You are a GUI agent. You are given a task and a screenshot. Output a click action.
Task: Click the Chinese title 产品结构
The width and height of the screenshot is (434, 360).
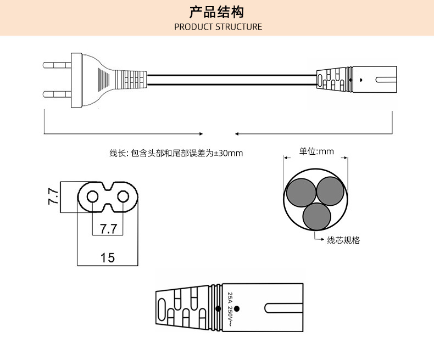tap(216, 12)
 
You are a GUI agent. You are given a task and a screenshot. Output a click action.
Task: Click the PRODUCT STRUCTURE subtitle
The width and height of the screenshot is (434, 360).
tap(218, 26)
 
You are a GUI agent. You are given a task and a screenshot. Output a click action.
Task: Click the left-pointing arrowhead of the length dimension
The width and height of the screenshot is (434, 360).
tap(237, 133)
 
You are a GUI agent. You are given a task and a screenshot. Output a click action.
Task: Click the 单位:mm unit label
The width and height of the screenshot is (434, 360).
tap(316, 151)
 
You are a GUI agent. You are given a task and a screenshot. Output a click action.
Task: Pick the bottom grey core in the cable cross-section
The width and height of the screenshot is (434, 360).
tap(316, 216)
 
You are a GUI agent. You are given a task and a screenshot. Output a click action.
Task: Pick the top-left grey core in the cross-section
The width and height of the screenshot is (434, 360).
tap(301, 192)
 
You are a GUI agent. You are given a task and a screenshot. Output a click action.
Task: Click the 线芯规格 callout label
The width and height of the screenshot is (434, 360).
tap(343, 240)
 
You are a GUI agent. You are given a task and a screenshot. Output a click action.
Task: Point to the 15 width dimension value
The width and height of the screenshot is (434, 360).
tap(108, 257)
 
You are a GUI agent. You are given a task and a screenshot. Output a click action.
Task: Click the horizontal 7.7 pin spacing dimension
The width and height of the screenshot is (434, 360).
tap(108, 228)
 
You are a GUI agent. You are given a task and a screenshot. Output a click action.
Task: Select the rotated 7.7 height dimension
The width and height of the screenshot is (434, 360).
tap(53, 196)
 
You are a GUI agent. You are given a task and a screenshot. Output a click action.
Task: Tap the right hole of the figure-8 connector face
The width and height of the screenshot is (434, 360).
tap(124, 196)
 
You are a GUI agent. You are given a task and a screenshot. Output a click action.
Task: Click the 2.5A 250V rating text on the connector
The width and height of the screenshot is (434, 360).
tap(230, 310)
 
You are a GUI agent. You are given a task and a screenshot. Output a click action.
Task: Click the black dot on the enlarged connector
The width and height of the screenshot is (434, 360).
tap(237, 308)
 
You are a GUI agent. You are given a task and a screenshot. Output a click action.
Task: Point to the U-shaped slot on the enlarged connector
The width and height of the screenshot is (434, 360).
tap(280, 308)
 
